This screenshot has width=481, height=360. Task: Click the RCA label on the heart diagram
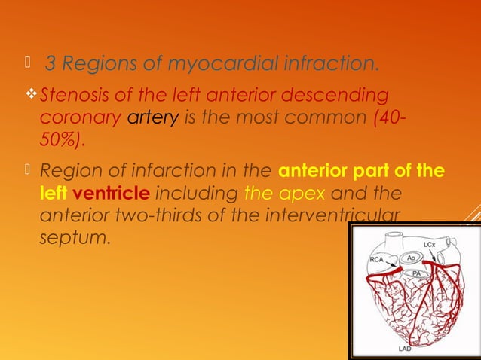(377, 258)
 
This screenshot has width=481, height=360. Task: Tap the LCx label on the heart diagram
(428, 246)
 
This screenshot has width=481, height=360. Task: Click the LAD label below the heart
(405, 350)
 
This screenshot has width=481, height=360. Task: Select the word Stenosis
(69, 96)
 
